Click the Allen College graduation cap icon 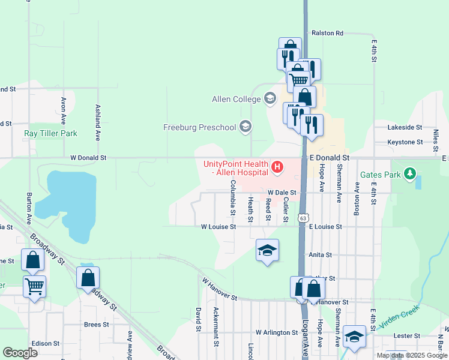coord(270,98)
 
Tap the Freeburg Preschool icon coord(244,127)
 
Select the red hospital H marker coord(277,167)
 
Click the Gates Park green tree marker coord(410,175)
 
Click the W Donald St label coord(88,158)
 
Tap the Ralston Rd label coord(327,33)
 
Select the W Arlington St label coord(277,332)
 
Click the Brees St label coord(96,325)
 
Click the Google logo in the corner coord(20,352)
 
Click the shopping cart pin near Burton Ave coord(34,287)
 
